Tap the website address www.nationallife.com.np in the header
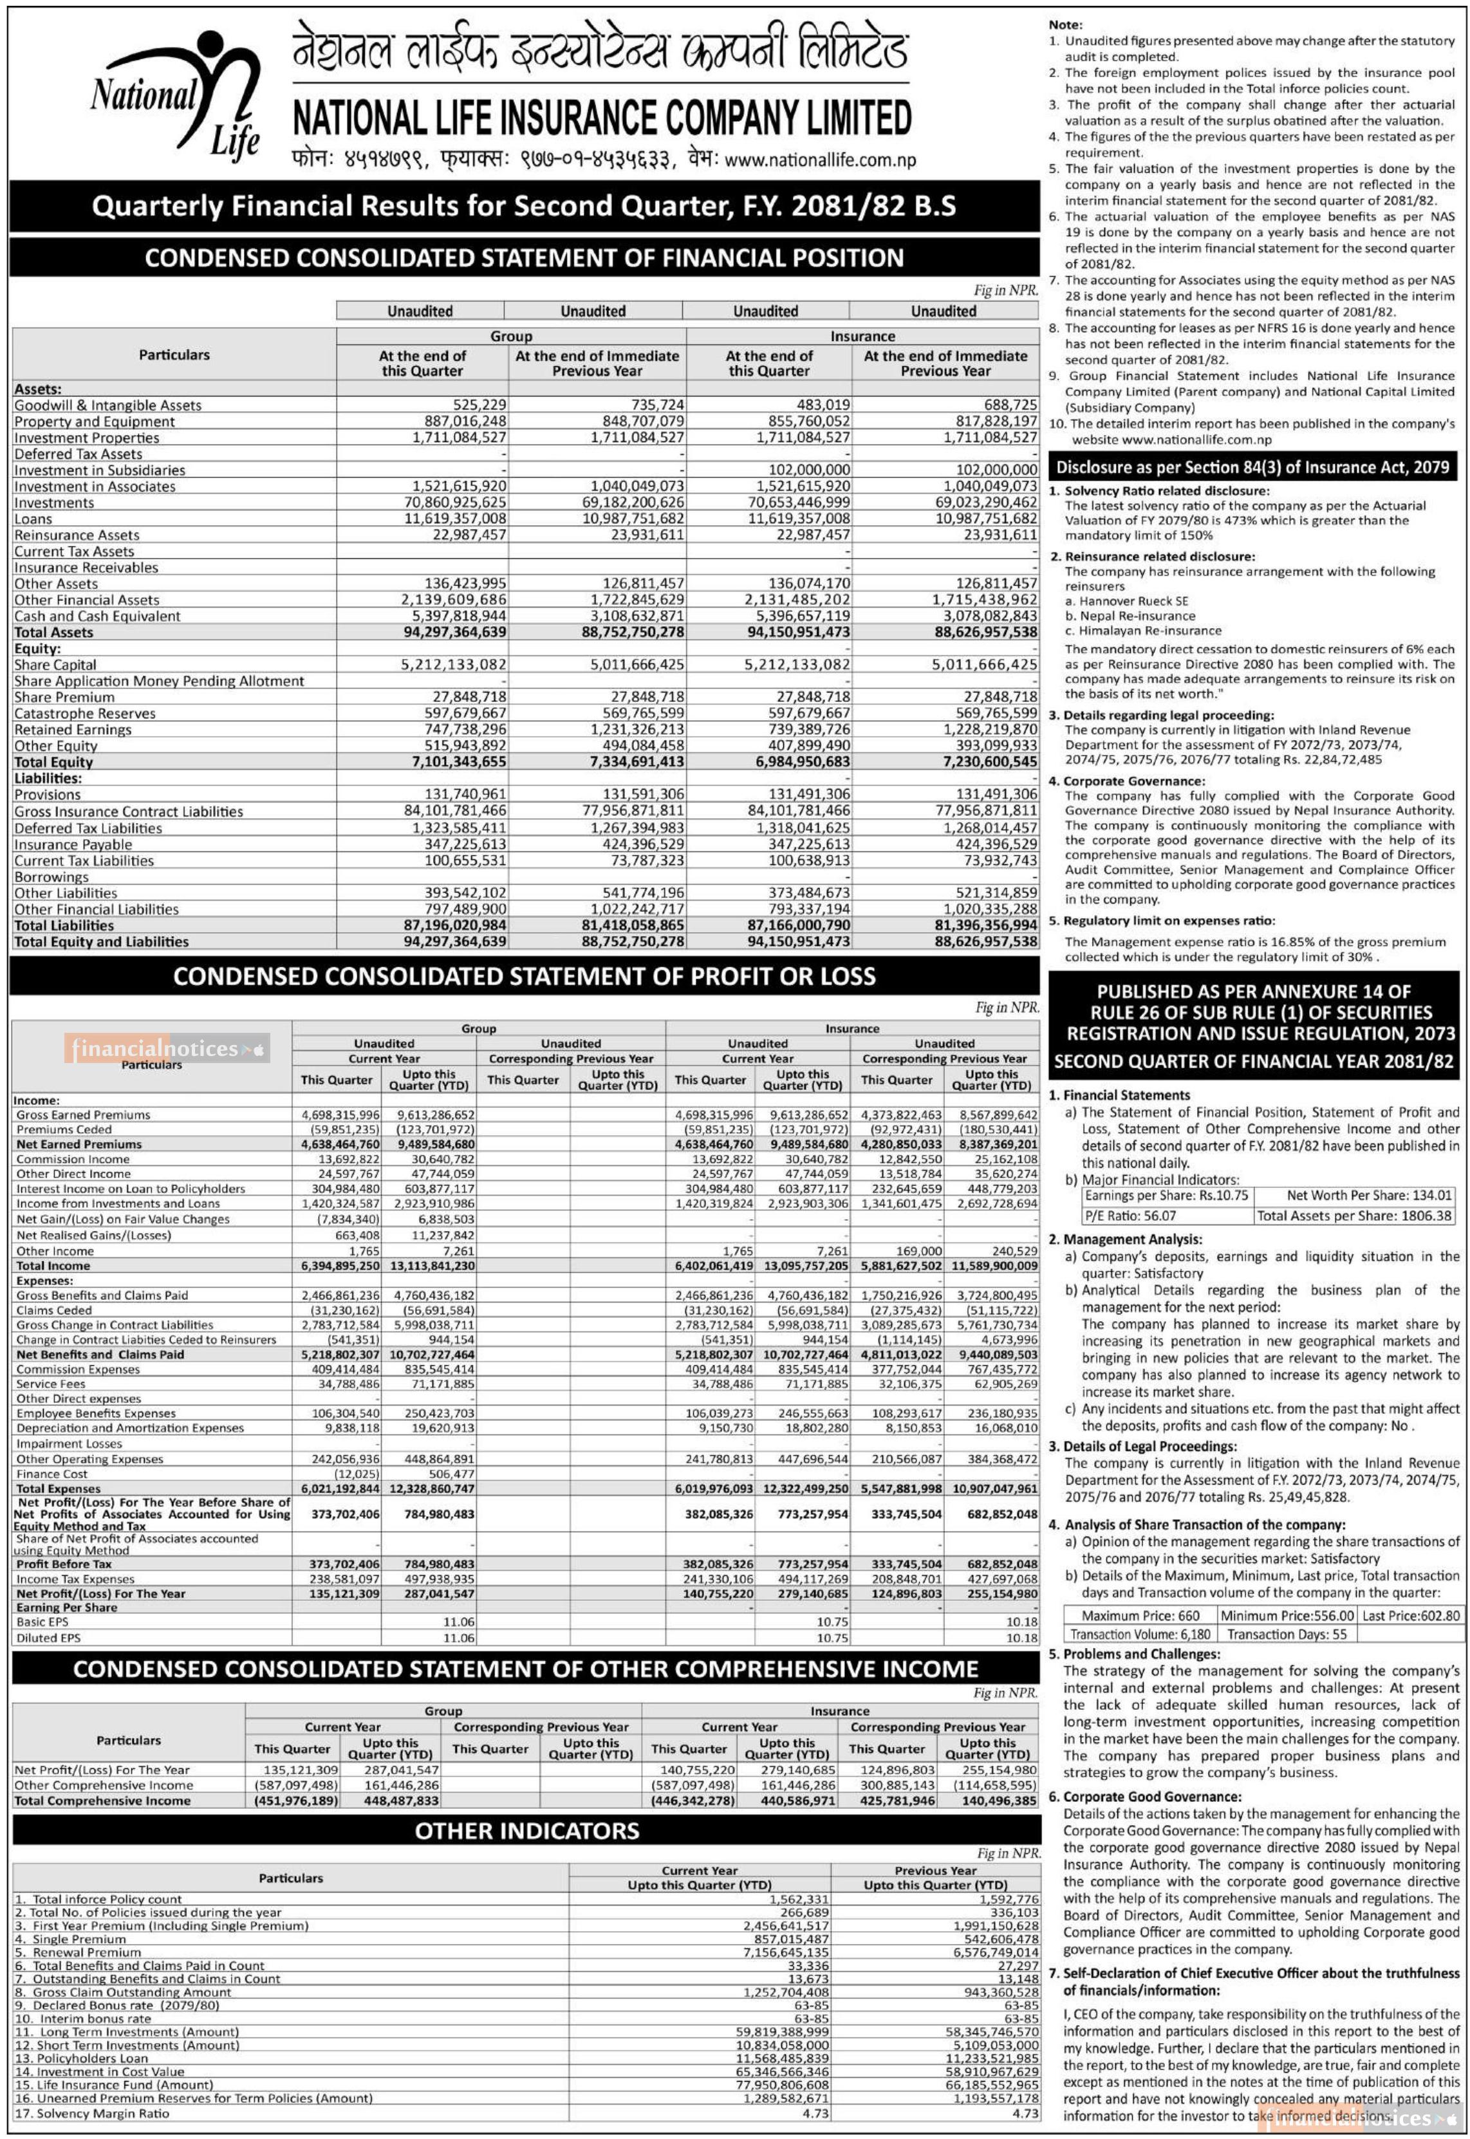[x=820, y=160]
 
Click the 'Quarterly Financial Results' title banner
[x=523, y=205]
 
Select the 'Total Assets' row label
[x=53, y=633]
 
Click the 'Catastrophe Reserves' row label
[x=85, y=714]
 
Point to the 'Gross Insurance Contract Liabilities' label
[x=129, y=811]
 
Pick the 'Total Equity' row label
[x=53, y=763]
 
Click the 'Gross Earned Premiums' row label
[x=83, y=1115]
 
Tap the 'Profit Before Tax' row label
[x=64, y=1564]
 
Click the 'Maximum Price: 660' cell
[x=1140, y=1615]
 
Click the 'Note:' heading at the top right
[x=1066, y=25]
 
